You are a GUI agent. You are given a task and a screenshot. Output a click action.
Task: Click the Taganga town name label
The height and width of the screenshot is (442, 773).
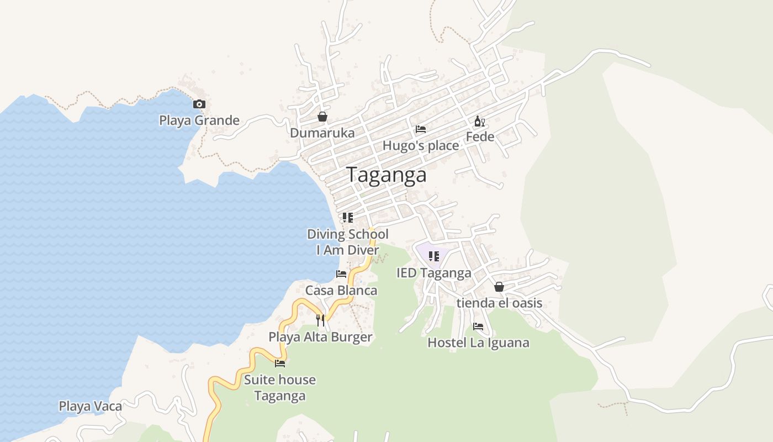[x=386, y=175]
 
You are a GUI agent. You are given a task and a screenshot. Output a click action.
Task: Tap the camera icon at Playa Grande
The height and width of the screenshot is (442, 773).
[x=199, y=104]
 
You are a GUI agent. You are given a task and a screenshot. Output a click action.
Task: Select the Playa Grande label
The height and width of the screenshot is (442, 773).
[x=199, y=120]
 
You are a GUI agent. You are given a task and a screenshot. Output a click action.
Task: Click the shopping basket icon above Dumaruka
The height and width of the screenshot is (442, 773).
[x=322, y=117]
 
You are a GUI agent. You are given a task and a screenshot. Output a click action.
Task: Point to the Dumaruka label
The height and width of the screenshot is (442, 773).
[x=322, y=133]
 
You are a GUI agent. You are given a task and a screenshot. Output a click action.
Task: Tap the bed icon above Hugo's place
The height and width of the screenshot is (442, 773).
[x=421, y=129]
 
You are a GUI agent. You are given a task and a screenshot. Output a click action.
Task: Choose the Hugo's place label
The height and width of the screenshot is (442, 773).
[x=421, y=146]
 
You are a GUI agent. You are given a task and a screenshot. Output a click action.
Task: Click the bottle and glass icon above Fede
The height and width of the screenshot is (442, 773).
[x=480, y=122]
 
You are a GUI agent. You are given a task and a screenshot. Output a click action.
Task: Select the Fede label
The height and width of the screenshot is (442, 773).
[x=480, y=137]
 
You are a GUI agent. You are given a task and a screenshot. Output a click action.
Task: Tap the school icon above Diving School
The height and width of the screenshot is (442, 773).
[x=347, y=217]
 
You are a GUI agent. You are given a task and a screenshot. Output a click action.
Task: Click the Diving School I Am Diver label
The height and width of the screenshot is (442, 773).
[x=348, y=242]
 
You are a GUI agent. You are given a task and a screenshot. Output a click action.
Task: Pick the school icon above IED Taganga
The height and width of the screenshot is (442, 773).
[x=434, y=256]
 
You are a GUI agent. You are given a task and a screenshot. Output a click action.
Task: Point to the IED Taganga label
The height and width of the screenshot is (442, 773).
[x=434, y=273]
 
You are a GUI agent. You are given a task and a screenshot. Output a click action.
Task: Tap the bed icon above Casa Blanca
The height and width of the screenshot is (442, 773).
[x=341, y=274]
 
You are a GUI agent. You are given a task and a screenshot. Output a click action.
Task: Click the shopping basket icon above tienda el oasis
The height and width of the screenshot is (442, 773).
[x=499, y=287]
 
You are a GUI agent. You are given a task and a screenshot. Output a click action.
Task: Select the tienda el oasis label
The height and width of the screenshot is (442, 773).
[x=499, y=303]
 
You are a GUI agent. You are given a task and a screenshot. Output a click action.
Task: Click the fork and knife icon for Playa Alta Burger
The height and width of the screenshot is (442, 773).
[x=320, y=320]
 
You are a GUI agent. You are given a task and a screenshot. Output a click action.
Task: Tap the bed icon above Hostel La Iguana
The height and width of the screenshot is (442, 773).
[x=478, y=327]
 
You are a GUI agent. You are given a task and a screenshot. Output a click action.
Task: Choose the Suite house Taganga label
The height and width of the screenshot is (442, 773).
[x=280, y=388]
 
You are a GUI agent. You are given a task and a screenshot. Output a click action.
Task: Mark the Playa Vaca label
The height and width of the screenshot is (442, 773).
[x=91, y=407]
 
